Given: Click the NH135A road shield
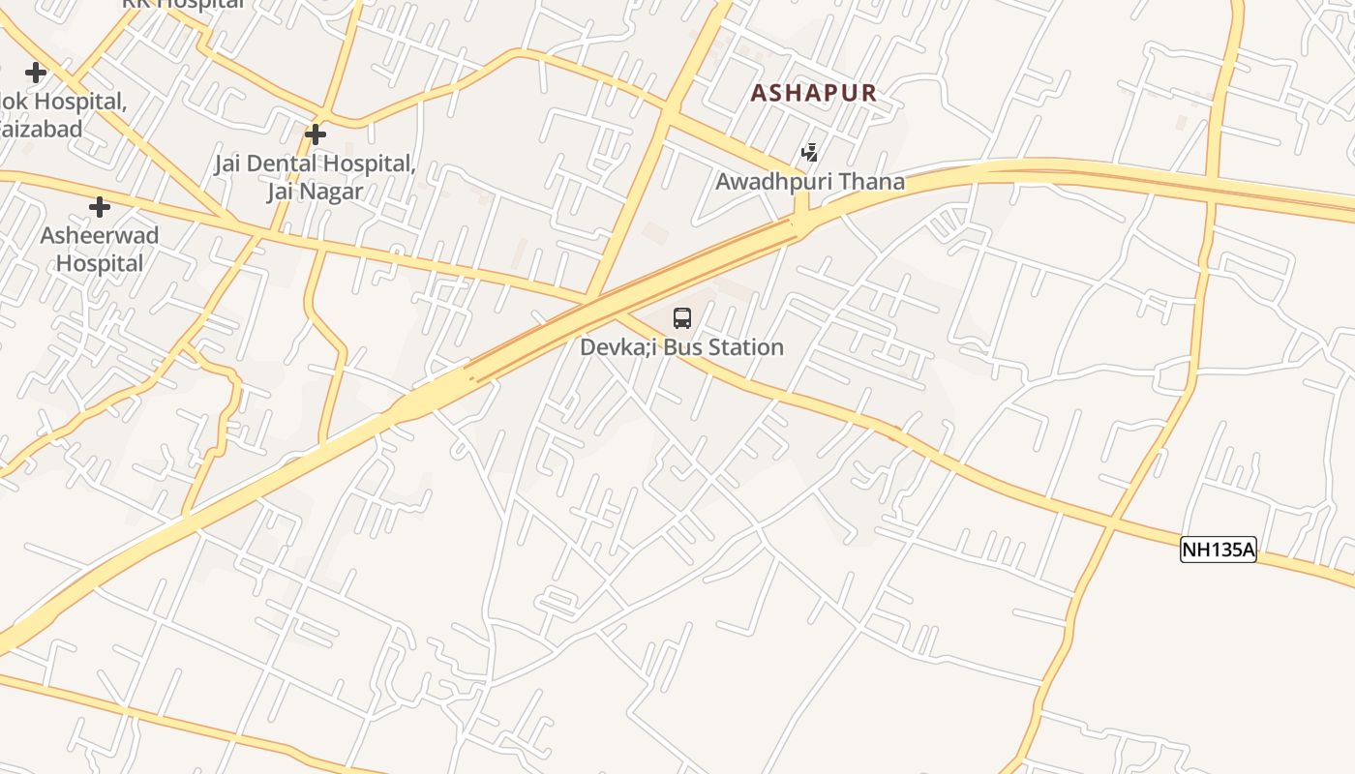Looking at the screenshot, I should [1218, 551].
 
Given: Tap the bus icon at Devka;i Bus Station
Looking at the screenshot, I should [682, 318].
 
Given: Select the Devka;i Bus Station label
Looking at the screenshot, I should [681, 347].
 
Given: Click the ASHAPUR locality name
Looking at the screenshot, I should [814, 93].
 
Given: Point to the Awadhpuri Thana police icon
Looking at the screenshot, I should [809, 152].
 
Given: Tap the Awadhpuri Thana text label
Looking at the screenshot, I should [810, 181].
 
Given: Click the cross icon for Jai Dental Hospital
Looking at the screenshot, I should [316, 134].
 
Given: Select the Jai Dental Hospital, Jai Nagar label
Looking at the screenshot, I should [316, 177].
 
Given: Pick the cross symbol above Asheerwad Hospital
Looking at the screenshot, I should [99, 207].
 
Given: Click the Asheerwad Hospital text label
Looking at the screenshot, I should [100, 249].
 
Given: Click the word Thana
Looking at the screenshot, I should [873, 181].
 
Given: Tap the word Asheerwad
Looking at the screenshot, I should [100, 235].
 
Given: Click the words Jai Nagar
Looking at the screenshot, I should [316, 192].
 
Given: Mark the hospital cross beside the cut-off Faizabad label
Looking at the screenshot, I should [36, 73].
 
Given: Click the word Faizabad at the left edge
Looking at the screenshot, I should [41, 128].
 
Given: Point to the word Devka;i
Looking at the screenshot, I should [618, 347].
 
